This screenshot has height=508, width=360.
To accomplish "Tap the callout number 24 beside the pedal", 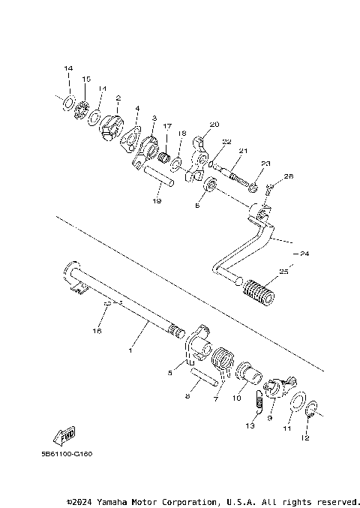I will [303, 254].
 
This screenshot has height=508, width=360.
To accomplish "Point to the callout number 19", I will [156, 201].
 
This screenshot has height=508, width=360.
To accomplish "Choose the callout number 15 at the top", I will [86, 79].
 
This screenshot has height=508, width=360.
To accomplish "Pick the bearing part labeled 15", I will [82, 110].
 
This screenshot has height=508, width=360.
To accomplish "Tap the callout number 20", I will [214, 124].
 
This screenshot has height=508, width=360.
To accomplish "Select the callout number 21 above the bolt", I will [244, 150].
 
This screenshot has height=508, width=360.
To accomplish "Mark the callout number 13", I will [250, 425].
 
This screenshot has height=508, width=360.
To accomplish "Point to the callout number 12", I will [305, 437].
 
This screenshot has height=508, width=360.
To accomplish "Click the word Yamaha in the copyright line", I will [115, 500].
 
